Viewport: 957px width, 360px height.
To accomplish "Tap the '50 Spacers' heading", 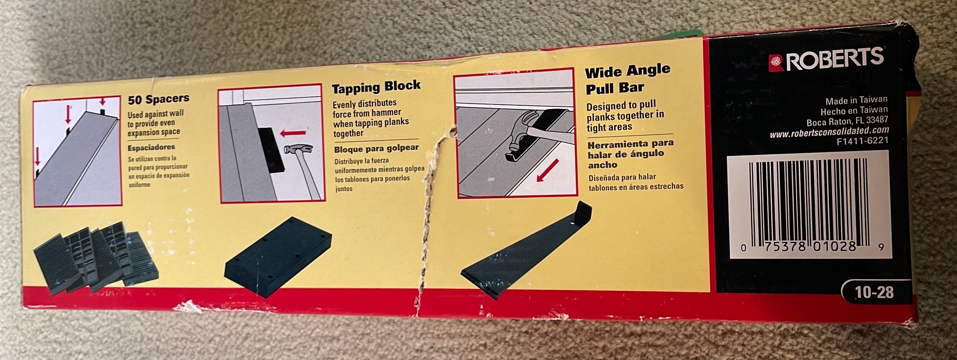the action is coord(158,99).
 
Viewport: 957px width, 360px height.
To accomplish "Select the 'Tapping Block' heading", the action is coord(376,87).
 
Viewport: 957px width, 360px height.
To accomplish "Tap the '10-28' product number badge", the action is coord(874,292).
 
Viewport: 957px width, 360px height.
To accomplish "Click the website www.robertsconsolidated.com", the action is coord(829,132).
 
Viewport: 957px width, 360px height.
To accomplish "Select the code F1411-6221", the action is coord(862,141).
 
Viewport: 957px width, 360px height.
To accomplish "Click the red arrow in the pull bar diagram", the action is coord(547,170).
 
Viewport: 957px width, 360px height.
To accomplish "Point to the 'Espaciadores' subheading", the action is coord(151,147).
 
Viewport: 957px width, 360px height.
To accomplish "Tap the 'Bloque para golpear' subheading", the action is coord(376,149).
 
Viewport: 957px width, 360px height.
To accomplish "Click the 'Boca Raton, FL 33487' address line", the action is coord(847,121).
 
